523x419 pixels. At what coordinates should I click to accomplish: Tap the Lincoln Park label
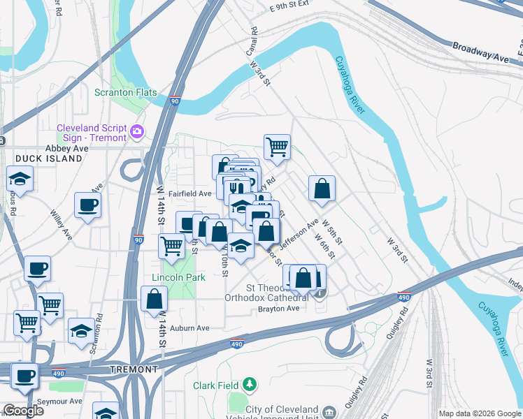tap(179, 277)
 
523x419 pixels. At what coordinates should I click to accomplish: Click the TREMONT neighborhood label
tap(134, 369)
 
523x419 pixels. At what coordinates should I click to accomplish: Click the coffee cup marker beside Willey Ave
tap(87, 205)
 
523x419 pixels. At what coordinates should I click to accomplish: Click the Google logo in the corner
tap(24, 411)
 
